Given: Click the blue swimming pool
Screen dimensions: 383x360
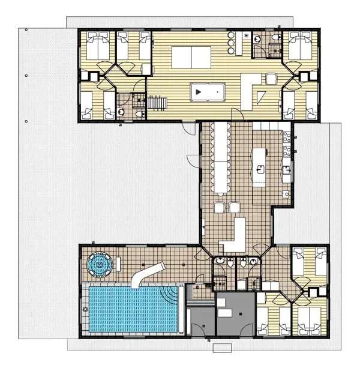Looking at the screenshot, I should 133,309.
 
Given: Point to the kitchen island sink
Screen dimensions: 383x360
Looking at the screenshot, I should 259,170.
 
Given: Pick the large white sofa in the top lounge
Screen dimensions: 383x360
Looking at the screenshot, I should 190,58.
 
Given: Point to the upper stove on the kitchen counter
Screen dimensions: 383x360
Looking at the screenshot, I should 287,136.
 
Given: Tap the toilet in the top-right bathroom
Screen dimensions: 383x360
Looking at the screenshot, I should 276,38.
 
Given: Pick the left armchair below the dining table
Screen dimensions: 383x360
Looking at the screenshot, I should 218,208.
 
